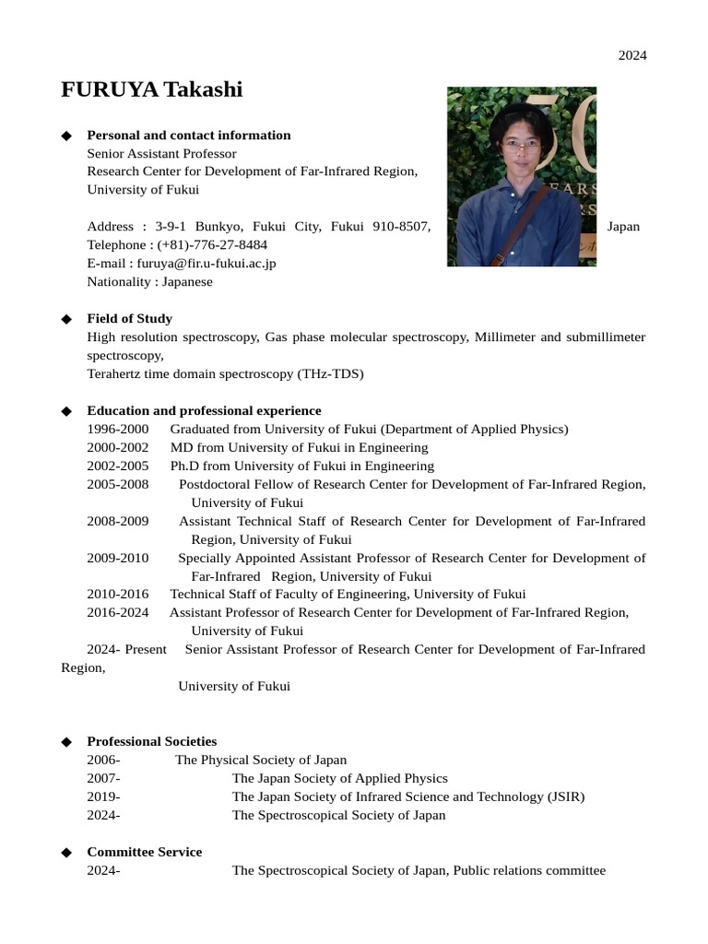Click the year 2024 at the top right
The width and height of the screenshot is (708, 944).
pyautogui.click(x=631, y=55)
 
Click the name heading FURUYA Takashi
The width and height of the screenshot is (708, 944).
pyautogui.click(x=151, y=89)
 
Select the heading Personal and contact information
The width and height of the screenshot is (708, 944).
pyautogui.click(x=188, y=136)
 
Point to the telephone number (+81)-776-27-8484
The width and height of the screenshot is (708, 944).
pyautogui.click(x=212, y=245)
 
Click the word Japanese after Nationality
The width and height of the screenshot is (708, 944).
pyautogui.click(x=187, y=282)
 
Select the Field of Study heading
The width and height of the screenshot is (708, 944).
pyautogui.click(x=129, y=319)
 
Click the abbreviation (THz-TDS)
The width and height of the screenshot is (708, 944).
pyautogui.click(x=330, y=374)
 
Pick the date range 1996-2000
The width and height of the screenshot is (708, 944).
pyautogui.click(x=117, y=430)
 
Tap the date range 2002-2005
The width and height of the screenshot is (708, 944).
pyautogui.click(x=117, y=466)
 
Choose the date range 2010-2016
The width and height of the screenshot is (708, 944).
pyautogui.click(x=117, y=595)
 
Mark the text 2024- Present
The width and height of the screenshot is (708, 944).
pyautogui.click(x=126, y=650)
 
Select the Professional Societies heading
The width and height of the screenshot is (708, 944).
pyautogui.click(x=151, y=741)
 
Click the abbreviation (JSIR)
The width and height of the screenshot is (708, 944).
pyautogui.click(x=562, y=796)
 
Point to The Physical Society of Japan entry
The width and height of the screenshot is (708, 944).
pyautogui.click(x=261, y=761)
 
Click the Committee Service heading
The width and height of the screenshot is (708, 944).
pyautogui.click(x=144, y=852)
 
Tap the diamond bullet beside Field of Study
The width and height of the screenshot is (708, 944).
pyautogui.click(x=65, y=319)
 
